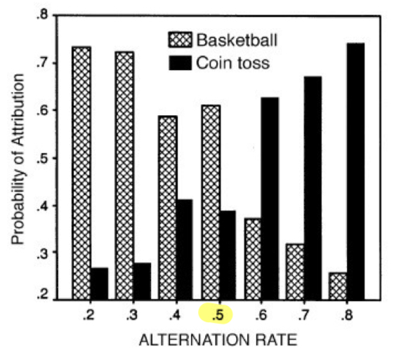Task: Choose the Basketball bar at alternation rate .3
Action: (x=124, y=175)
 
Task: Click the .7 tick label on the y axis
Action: (x=43, y=63)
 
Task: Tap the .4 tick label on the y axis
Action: (x=43, y=206)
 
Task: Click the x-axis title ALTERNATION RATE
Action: (x=219, y=341)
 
